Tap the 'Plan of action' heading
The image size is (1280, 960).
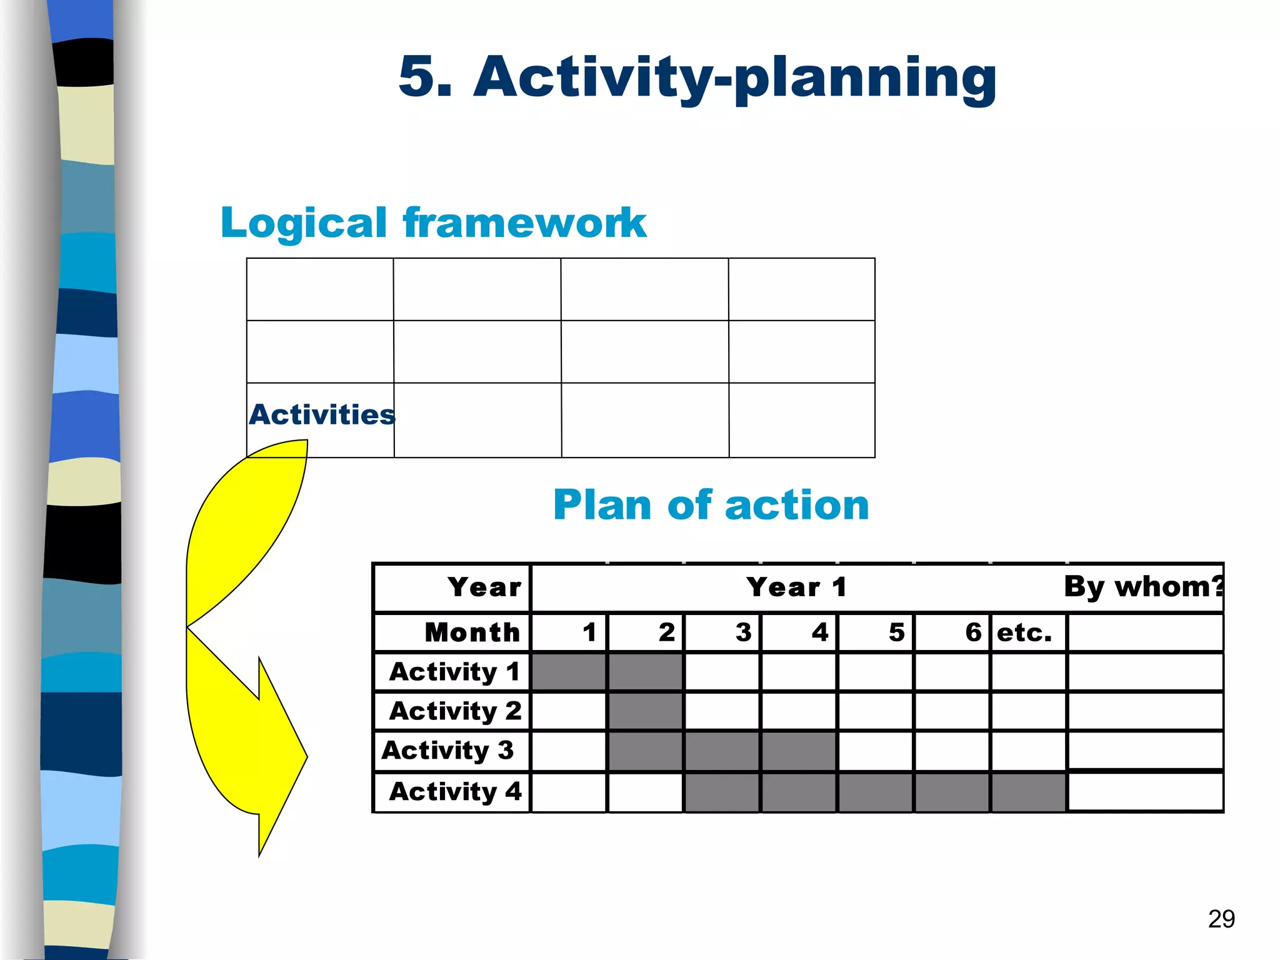(711, 505)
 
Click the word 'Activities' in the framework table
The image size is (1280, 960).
(321, 414)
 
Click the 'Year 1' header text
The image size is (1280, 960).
(796, 587)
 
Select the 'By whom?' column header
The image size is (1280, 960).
(1142, 587)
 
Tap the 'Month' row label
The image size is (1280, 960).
(472, 632)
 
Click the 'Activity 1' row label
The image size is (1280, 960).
(454, 672)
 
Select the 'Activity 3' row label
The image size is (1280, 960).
(447, 750)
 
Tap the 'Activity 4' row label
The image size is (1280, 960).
(454, 791)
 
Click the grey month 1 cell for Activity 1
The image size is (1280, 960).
(568, 672)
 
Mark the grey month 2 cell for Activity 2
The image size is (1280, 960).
(646, 711)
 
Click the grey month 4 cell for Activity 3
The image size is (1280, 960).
(799, 751)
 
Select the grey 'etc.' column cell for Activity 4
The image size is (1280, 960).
(1028, 792)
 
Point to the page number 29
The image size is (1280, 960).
(1221, 919)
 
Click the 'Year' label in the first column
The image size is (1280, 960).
(484, 587)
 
